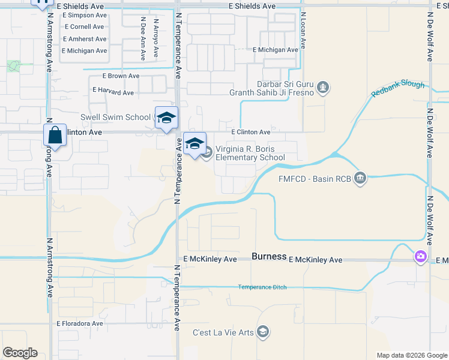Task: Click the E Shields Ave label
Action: [x=252, y=6]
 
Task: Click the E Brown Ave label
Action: [x=121, y=76]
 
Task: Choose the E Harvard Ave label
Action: [x=113, y=92]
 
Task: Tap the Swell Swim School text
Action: [x=116, y=117]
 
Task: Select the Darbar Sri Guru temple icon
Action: [x=324, y=88]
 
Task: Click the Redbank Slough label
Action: [x=397, y=89]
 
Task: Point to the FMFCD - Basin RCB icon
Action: [x=360, y=178]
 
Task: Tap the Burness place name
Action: [x=269, y=256]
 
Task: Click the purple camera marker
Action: [x=420, y=257]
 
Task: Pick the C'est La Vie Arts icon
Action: [x=263, y=332]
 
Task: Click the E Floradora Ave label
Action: [x=80, y=323]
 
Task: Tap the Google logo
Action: [x=20, y=353]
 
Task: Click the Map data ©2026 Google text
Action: [x=411, y=355]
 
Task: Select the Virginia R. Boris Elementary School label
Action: [x=249, y=154]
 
